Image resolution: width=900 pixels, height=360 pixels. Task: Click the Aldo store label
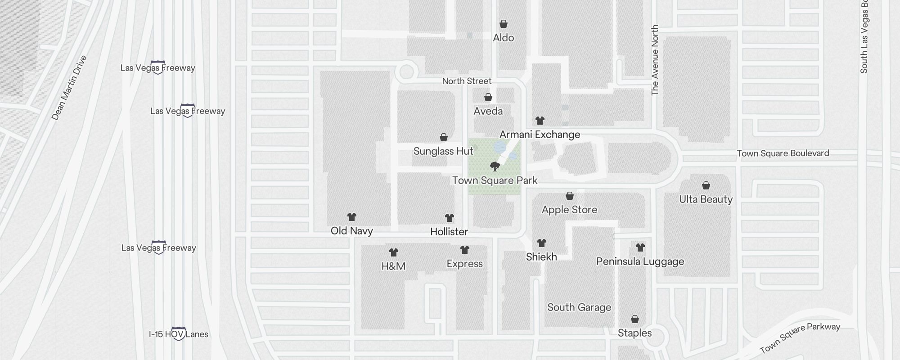(503, 38)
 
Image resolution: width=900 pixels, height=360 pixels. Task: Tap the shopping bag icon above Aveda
(488, 97)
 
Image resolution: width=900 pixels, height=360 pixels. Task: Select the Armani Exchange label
(540, 135)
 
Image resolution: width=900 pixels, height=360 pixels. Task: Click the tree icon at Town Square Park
(495, 166)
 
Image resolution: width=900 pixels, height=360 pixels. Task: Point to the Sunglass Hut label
(443, 151)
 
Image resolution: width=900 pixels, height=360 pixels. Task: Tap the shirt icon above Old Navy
(352, 217)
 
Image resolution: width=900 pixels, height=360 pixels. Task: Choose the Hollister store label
(449, 232)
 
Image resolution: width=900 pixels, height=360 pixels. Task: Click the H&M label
(393, 266)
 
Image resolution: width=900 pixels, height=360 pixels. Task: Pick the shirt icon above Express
(465, 250)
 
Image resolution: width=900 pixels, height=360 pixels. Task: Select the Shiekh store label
(541, 257)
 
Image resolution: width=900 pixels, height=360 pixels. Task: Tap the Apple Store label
(569, 210)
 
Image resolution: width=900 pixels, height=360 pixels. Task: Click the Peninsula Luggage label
(640, 261)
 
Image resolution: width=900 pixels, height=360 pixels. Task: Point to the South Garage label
(579, 307)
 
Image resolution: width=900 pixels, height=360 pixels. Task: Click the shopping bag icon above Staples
(635, 319)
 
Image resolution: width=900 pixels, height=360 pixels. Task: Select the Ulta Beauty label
(706, 199)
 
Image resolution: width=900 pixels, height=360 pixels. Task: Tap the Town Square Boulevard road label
(783, 153)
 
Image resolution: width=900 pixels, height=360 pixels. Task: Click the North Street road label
(467, 81)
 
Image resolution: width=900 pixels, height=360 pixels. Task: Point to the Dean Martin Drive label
(68, 88)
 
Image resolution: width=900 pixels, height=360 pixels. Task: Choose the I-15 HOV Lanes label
(179, 334)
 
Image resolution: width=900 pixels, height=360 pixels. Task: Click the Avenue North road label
(655, 60)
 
